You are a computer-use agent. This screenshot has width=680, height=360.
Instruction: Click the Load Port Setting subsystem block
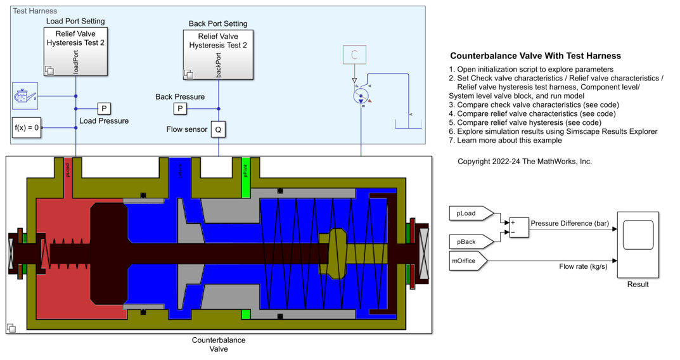tap(76, 51)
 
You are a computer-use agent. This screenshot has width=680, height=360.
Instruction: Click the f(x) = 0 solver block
tap(27, 127)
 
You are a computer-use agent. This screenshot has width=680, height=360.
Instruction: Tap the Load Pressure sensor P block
tap(104, 108)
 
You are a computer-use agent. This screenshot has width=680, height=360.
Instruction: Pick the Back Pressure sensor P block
tap(181, 108)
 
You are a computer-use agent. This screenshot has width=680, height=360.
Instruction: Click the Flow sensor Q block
tap(218, 129)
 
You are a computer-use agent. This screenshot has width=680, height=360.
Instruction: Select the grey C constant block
tap(354, 55)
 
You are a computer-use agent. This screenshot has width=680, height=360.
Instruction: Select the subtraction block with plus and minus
tap(518, 228)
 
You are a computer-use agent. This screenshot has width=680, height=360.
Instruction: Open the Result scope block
tap(638, 245)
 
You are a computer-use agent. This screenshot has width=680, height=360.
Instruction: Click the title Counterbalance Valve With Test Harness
tap(535, 56)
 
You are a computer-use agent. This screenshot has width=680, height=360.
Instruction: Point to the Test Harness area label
tap(35, 11)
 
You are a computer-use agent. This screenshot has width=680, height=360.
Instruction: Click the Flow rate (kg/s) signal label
tap(583, 267)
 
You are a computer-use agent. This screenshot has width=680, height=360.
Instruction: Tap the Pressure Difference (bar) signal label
tap(569, 224)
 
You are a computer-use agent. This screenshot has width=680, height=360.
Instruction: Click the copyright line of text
tap(525, 162)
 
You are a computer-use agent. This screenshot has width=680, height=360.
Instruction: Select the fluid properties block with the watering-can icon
tap(25, 96)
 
